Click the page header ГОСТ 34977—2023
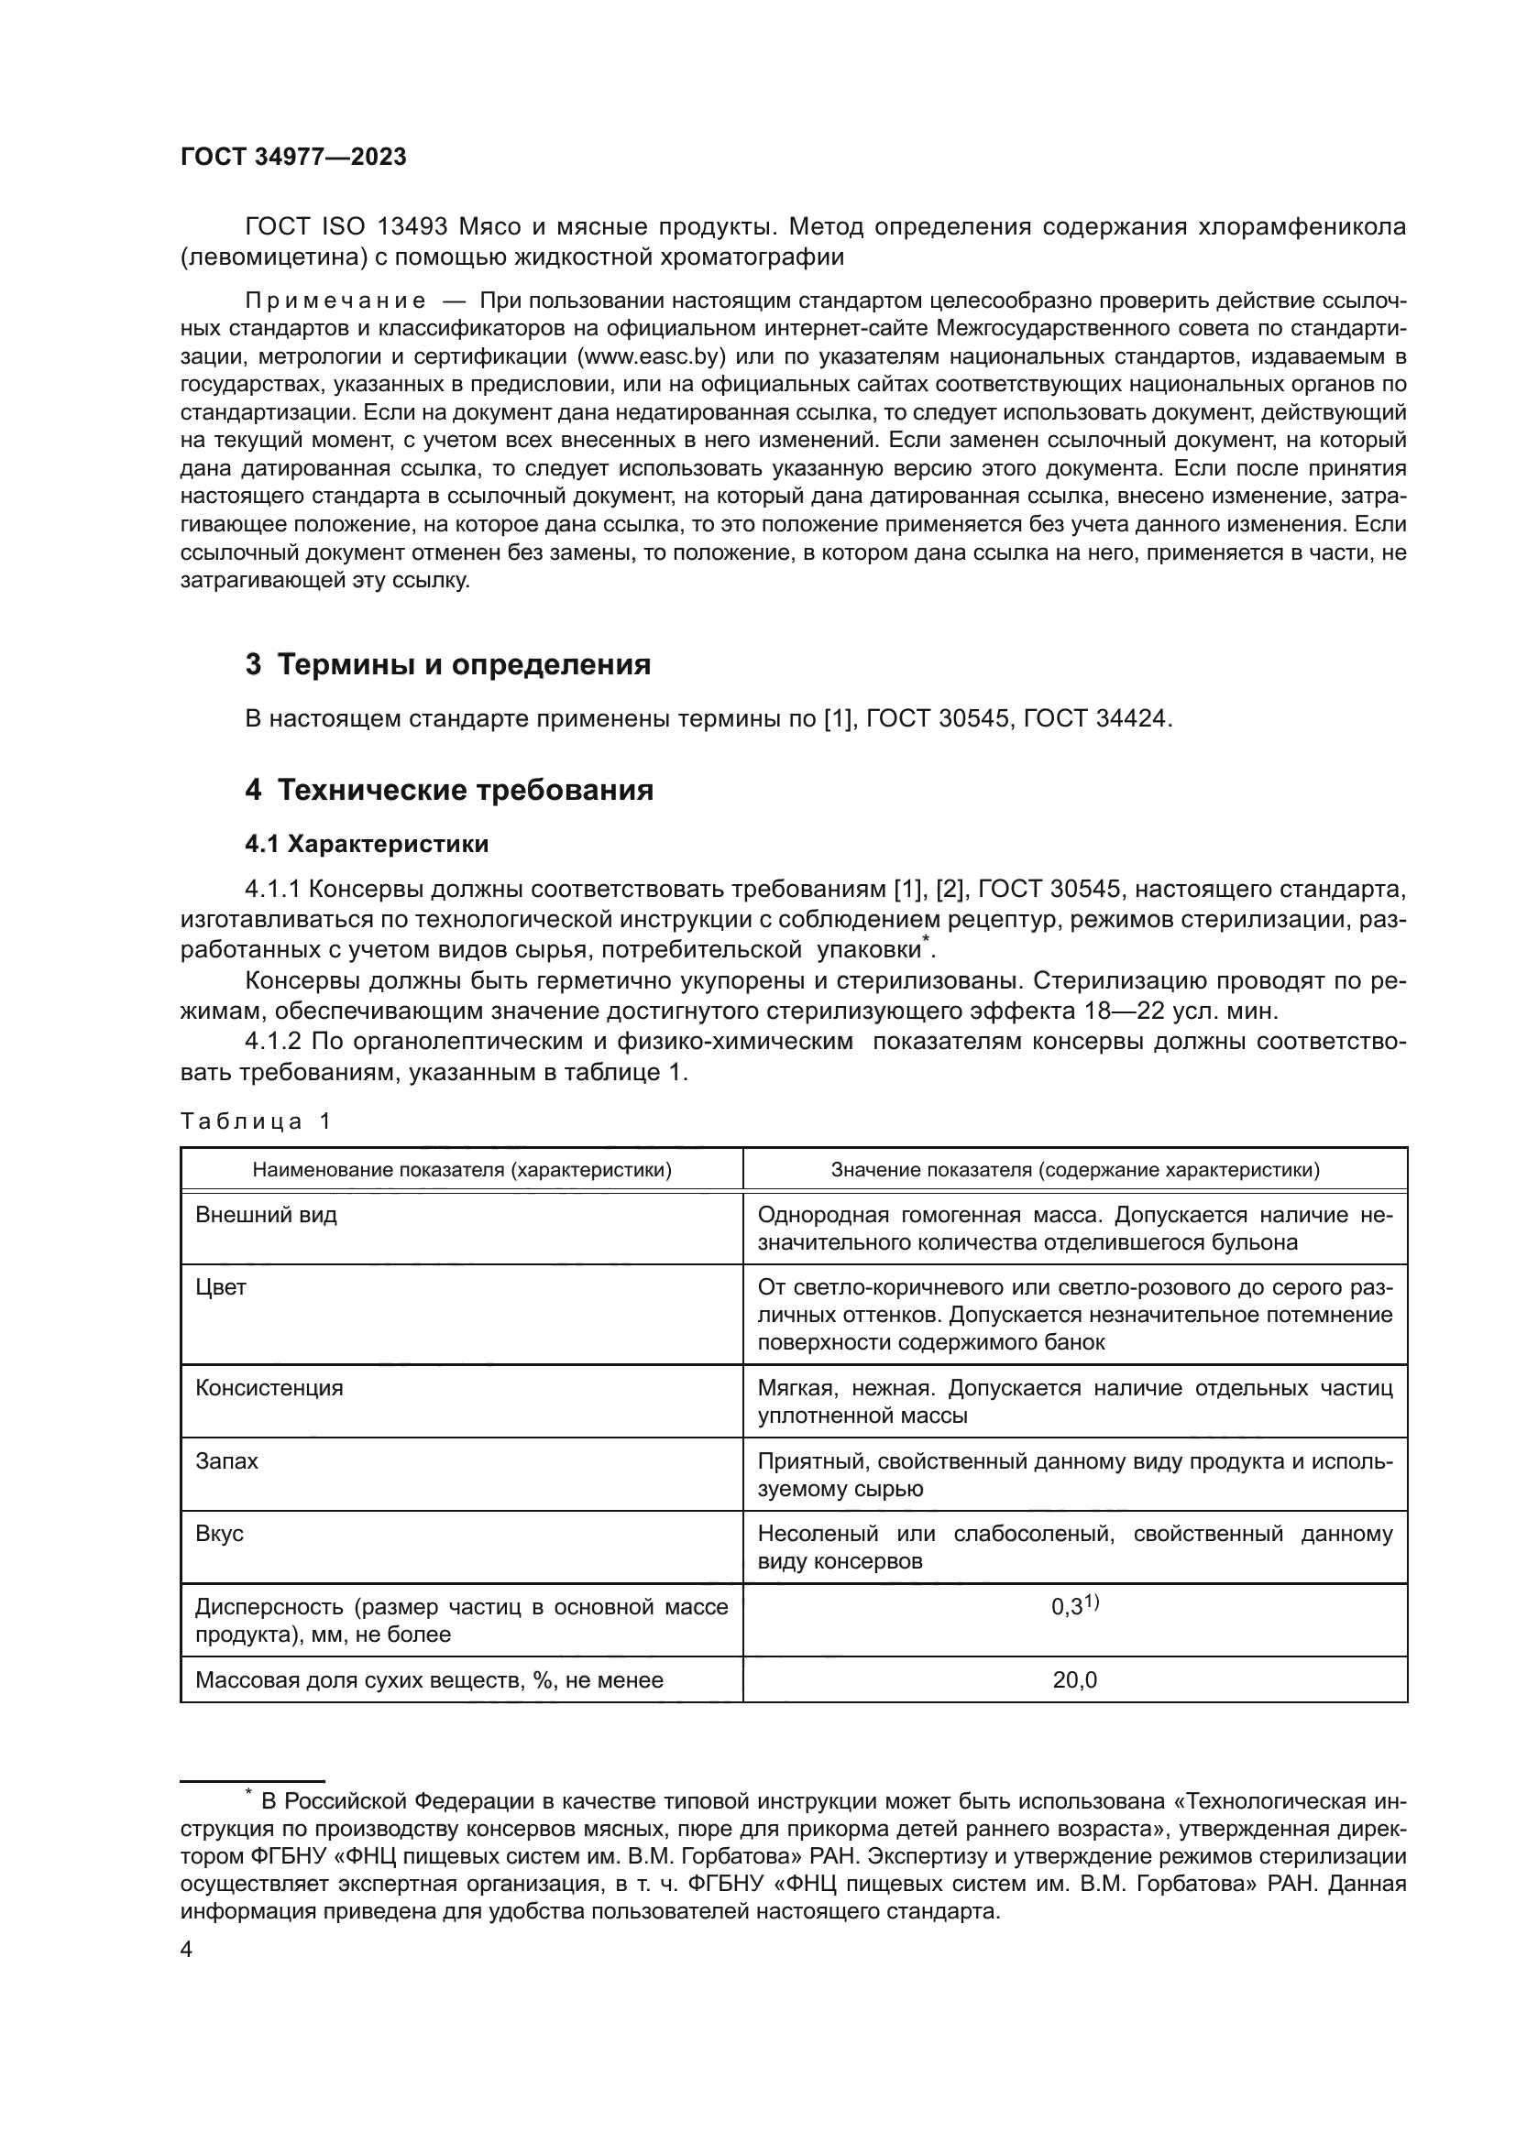point(293,158)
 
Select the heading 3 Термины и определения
point(448,664)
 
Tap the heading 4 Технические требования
point(449,791)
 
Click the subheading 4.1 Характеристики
point(367,845)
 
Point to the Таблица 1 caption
point(255,1122)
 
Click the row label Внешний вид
point(266,1215)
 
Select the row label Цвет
point(220,1288)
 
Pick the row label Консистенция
point(269,1388)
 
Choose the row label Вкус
point(219,1534)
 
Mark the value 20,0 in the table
point(1074,1680)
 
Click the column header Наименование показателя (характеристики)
point(462,1170)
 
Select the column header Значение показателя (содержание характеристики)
point(1074,1170)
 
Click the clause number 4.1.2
point(273,1042)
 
